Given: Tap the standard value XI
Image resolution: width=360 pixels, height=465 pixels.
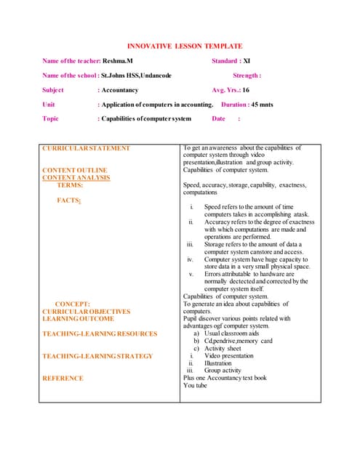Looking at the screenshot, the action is tap(246, 60).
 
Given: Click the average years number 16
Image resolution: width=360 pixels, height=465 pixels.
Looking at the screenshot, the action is tap(246, 90).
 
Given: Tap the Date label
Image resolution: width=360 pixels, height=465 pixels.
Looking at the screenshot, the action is tap(219, 118).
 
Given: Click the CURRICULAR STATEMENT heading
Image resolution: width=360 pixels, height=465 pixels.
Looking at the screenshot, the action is tap(86, 148).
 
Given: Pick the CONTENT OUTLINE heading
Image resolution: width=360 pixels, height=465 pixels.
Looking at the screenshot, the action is tap(75, 170).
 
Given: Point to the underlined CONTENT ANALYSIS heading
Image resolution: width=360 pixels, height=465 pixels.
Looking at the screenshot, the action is tap(76, 177).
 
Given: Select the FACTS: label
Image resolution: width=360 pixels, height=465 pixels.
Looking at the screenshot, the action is tap(69, 200).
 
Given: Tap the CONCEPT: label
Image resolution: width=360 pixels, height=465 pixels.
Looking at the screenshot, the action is tap(73, 304).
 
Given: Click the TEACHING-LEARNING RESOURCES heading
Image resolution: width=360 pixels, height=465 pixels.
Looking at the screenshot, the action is tap(100, 333).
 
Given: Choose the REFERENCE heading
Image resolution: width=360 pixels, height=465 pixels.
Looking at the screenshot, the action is tap(63, 378).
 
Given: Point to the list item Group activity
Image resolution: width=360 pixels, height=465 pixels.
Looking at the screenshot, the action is tap(223, 371).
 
